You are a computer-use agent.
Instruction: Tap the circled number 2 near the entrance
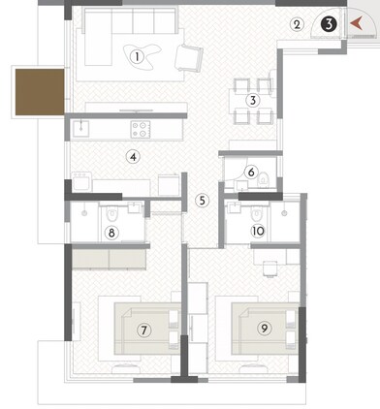coord(298,23)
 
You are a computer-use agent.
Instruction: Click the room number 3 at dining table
coord(252,100)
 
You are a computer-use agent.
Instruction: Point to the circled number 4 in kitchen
coord(134,156)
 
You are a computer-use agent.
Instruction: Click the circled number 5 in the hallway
coord(202,201)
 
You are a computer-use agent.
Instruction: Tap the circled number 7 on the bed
coord(143,330)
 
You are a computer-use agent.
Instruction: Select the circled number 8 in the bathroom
coord(112,232)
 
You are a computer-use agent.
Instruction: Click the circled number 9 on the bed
coord(263,329)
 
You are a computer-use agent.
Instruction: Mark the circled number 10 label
coord(258,231)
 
